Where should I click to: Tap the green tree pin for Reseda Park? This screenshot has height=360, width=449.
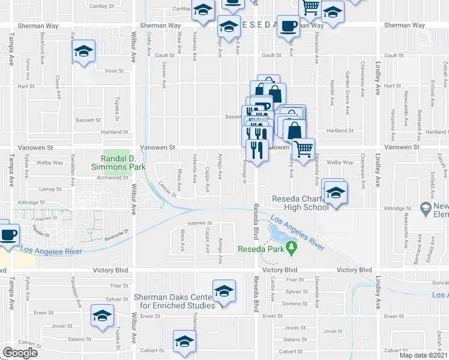(x=292, y=247)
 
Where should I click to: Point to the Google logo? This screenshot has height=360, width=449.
(x=20, y=353)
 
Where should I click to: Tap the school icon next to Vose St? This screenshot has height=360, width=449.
(x=83, y=52)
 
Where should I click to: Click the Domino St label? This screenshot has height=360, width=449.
(x=296, y=304)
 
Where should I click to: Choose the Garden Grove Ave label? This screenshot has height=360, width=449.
(x=348, y=84)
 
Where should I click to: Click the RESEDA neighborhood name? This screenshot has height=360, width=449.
(x=258, y=25)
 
